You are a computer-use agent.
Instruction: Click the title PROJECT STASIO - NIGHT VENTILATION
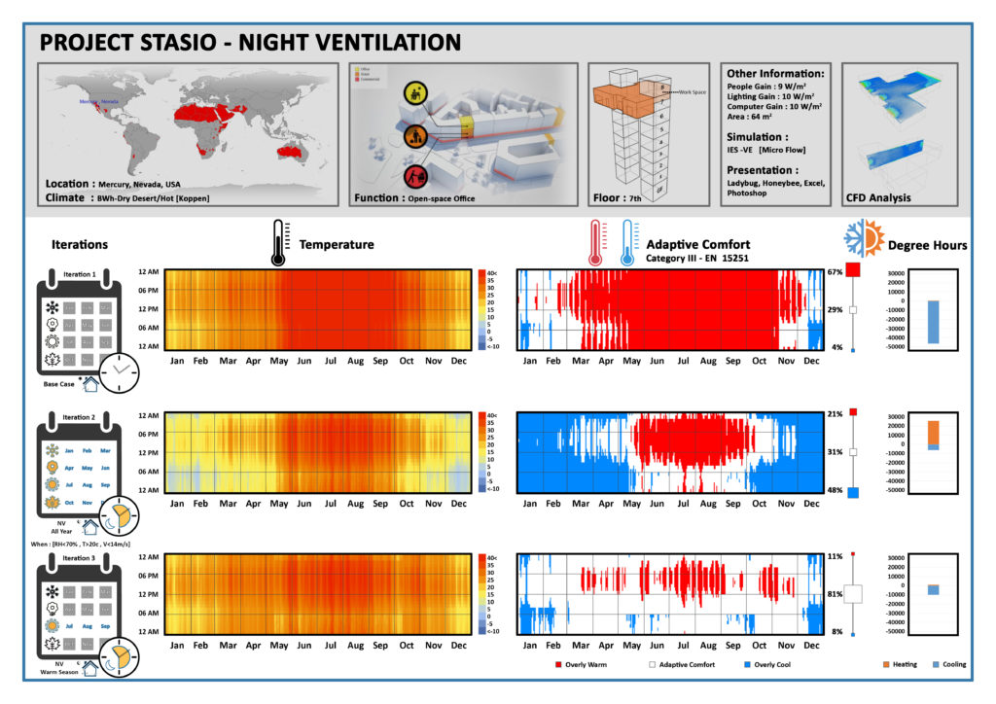tap(250, 43)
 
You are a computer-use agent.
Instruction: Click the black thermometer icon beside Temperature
tap(279, 243)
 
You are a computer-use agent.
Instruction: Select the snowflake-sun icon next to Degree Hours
tap(864, 239)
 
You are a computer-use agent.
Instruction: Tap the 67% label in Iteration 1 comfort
tap(834, 272)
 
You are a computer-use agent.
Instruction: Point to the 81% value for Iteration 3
tap(834, 593)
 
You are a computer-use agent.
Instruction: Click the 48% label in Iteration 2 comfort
tap(834, 490)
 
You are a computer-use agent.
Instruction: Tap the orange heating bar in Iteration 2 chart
tap(933, 432)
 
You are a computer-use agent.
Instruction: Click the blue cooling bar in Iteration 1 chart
tap(933, 322)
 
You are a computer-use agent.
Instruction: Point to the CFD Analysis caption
tap(879, 197)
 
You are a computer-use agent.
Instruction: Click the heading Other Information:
tap(776, 73)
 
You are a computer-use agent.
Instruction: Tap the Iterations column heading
tap(80, 244)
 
